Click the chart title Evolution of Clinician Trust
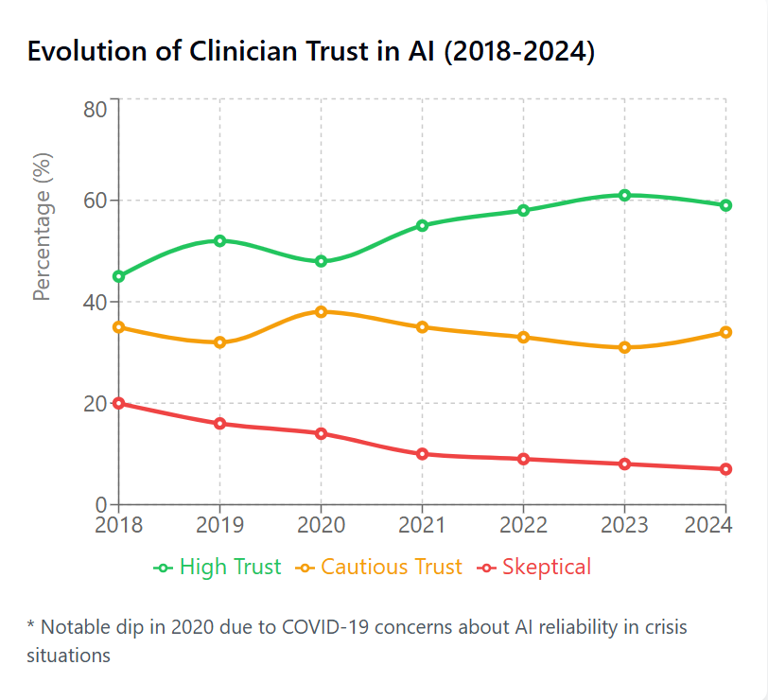tap(310, 52)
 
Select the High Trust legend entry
tap(218, 568)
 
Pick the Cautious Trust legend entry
tap(379, 568)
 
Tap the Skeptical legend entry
tap(535, 568)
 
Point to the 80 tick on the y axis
tap(95, 109)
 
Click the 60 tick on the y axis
tap(95, 201)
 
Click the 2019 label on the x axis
tap(219, 525)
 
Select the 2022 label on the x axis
tap(523, 525)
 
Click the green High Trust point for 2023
tap(624, 195)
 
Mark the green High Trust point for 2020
tap(321, 261)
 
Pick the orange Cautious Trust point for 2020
tap(321, 311)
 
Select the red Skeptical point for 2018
tap(118, 403)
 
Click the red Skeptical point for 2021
tap(422, 454)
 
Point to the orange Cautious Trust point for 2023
tap(624, 347)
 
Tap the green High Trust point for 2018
tap(118, 276)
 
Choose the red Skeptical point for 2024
tap(725, 469)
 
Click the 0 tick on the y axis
tap(100, 505)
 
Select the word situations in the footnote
tap(69, 655)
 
